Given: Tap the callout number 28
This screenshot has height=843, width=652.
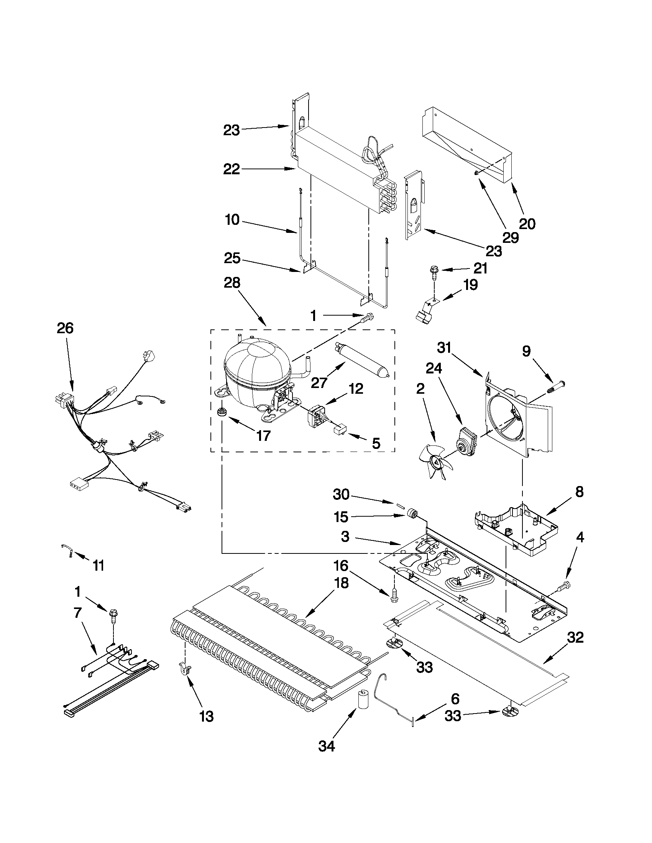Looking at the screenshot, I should coord(232,283).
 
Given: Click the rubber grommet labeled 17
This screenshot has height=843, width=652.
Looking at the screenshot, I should coord(222,412).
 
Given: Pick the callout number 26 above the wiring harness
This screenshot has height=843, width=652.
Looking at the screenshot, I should coord(65,329).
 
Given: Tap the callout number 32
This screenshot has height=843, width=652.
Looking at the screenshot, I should coord(575,637).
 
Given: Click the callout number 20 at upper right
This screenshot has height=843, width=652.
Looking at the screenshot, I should coord(527,224).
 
